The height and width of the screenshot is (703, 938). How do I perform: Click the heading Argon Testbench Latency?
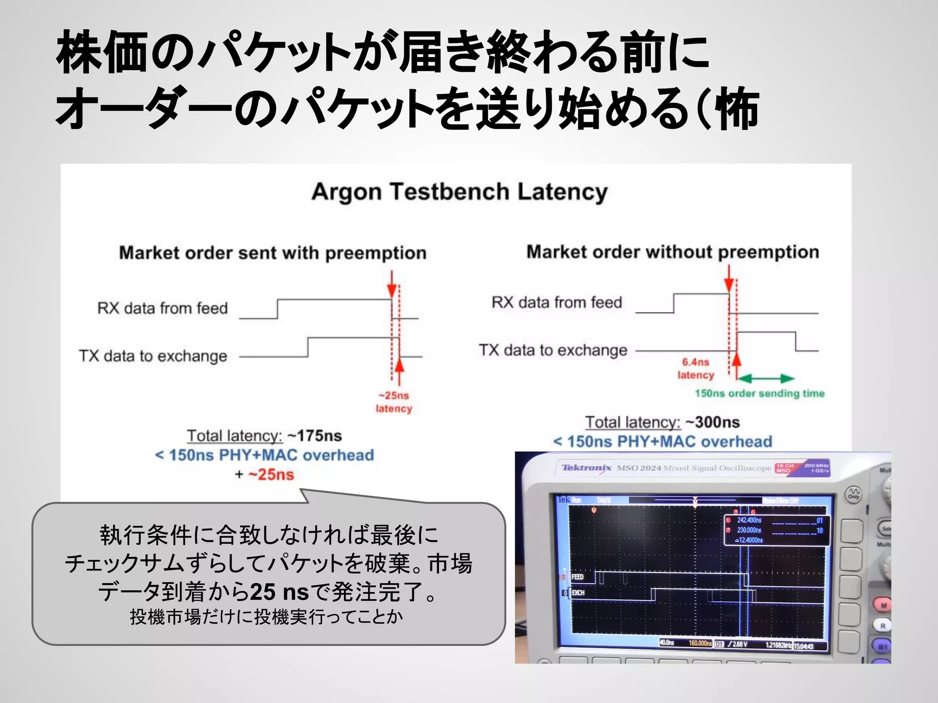(459, 192)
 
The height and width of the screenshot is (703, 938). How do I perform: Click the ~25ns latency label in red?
(394, 402)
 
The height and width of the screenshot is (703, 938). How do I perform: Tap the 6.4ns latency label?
(696, 368)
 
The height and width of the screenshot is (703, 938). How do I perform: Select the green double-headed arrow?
(765, 379)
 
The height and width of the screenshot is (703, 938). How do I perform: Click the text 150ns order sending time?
(759, 394)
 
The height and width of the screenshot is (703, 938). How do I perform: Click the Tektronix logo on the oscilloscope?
(586, 468)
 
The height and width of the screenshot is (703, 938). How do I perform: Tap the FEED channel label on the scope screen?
(578, 577)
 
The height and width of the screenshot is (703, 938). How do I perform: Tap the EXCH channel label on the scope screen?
(578, 593)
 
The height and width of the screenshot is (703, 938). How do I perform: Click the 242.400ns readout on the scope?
(749, 520)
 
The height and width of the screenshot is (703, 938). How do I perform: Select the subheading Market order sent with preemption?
(273, 253)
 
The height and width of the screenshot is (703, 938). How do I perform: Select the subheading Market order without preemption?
(672, 252)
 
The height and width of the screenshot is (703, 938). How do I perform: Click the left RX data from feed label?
(162, 308)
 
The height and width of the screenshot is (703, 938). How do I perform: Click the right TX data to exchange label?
(553, 350)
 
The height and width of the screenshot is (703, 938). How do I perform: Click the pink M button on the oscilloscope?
(883, 606)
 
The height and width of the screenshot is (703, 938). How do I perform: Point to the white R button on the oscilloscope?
(883, 626)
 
